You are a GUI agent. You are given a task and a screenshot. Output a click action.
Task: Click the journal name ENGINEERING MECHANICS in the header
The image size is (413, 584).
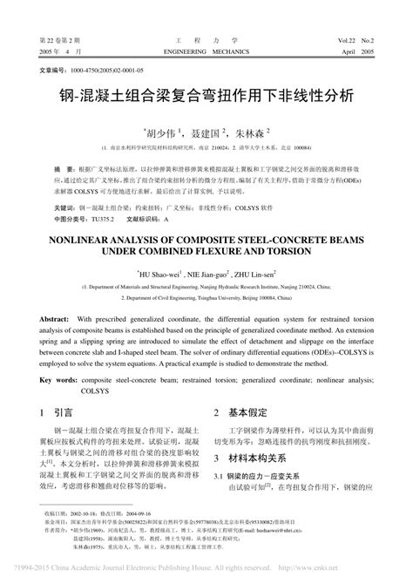tap(206, 52)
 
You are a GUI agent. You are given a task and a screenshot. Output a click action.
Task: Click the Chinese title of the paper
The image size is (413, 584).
tap(206, 95)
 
